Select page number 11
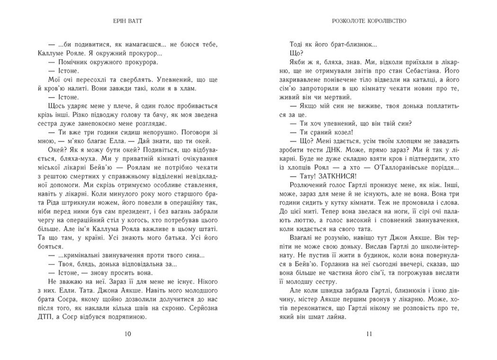coord(370,334)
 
